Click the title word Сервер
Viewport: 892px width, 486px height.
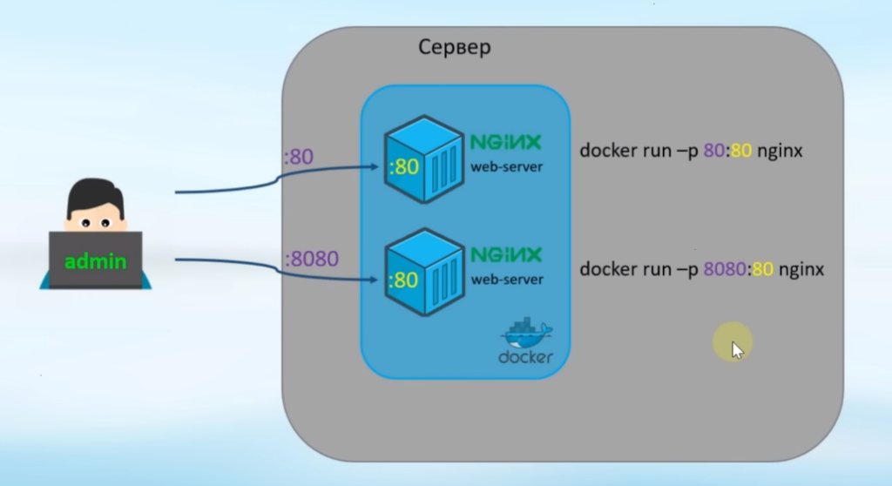pyautogui.click(x=454, y=47)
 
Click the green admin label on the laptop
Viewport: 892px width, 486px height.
pyautogui.click(x=95, y=260)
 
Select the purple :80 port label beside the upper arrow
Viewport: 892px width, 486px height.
pyautogui.click(x=301, y=159)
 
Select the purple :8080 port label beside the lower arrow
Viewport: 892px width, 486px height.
pyautogui.click(x=311, y=260)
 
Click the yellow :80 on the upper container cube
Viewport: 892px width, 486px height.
pyautogui.click(x=405, y=166)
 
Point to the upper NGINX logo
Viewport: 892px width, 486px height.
pyautogui.click(x=505, y=142)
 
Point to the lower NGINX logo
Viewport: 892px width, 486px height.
pyautogui.click(x=505, y=255)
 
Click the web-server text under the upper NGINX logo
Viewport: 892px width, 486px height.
pyautogui.click(x=507, y=166)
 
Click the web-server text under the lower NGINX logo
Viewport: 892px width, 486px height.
pyautogui.click(x=507, y=280)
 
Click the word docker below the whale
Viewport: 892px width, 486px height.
pyautogui.click(x=525, y=357)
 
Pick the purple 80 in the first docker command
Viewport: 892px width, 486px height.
pyautogui.click(x=713, y=152)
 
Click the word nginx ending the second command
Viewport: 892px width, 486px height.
pyautogui.click(x=801, y=270)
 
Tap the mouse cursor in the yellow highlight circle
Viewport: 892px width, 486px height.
pyautogui.click(x=736, y=348)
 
